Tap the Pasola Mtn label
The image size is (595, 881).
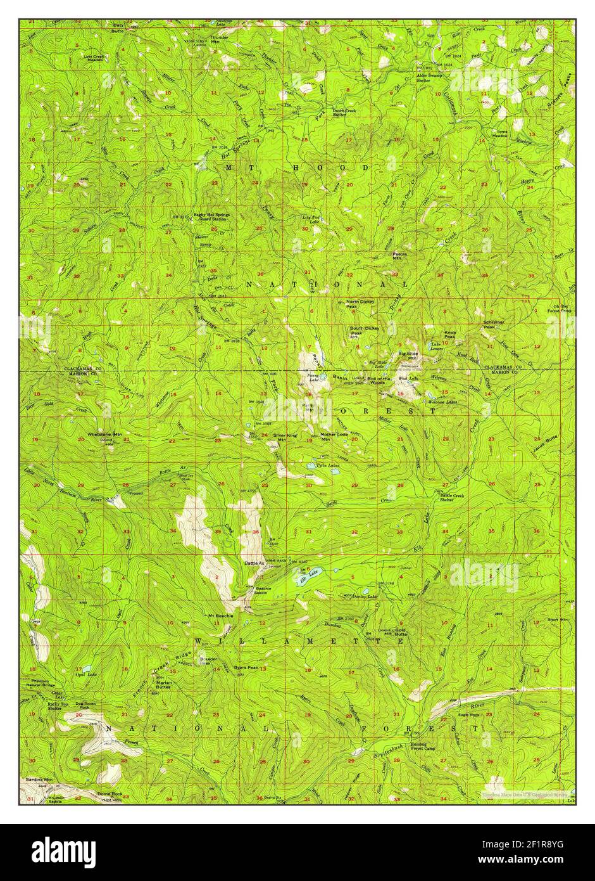[x=400, y=256]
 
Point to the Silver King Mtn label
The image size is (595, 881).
[x=285, y=438]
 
